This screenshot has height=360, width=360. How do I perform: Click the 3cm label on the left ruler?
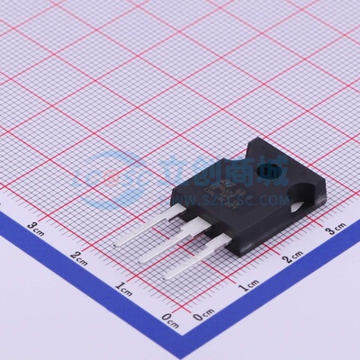pos(36,226)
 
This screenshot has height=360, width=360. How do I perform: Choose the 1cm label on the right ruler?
pos(248,287)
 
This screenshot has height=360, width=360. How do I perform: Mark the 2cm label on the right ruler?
pos(293,259)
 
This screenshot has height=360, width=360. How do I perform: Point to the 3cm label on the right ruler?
pos(335,230)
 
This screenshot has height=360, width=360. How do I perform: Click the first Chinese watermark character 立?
pos(172,166)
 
